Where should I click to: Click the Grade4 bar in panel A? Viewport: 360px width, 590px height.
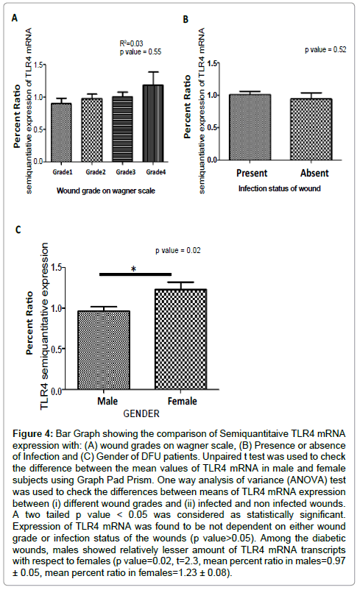point(153,124)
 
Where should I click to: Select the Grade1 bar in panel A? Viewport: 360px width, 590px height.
point(61,132)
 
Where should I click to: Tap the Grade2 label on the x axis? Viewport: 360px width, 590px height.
point(96,172)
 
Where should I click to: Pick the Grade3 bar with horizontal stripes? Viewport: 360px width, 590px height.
point(123,129)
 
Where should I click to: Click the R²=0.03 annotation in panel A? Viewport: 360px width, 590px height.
point(132,43)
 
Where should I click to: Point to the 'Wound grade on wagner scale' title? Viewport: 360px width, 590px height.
point(106,191)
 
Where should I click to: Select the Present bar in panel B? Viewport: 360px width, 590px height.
point(250,127)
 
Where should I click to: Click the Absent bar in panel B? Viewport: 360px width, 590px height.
point(311,129)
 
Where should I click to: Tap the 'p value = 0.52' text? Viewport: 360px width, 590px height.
point(325,50)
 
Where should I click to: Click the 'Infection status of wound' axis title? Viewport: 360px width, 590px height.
point(280,188)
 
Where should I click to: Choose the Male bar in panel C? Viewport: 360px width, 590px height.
point(104,350)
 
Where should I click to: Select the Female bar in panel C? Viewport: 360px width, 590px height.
point(181,339)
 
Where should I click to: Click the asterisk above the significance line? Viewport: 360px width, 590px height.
point(134,269)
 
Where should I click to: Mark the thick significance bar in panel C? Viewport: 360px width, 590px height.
point(135,274)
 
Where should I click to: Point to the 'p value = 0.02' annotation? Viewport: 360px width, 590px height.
point(178,251)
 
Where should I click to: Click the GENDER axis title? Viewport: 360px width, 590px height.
point(141,413)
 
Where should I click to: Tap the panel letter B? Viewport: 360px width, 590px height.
point(186,19)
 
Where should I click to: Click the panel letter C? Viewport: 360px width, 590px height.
point(18,230)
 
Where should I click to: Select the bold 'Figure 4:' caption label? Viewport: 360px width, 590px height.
point(33,434)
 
